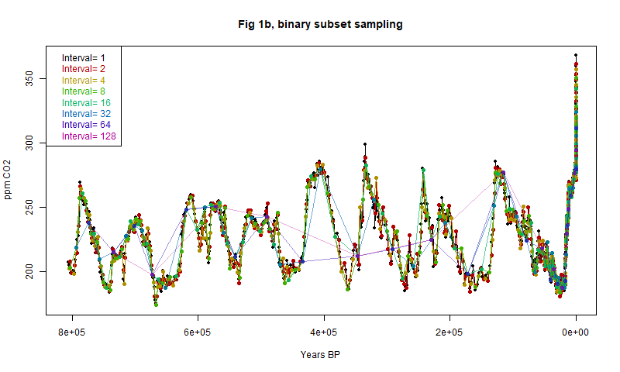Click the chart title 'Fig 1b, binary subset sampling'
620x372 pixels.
320,24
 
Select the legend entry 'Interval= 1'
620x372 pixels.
83,58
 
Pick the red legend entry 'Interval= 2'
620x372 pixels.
83,69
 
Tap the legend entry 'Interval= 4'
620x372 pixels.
83,81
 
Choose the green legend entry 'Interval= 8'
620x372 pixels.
83,91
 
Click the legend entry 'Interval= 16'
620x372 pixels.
85,103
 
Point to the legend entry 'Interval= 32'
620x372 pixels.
85,114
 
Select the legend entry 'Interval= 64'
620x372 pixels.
85,125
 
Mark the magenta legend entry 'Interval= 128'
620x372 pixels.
88,136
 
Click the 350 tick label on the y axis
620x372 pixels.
30,79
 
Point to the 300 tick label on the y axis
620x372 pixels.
30,143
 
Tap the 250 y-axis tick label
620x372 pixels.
30,208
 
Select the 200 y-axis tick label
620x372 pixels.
30,272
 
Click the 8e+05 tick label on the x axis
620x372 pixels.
72,332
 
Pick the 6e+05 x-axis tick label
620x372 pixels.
198,332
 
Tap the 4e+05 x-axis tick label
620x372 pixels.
324,332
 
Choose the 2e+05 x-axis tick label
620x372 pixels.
449,332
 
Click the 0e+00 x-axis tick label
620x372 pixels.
576,332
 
